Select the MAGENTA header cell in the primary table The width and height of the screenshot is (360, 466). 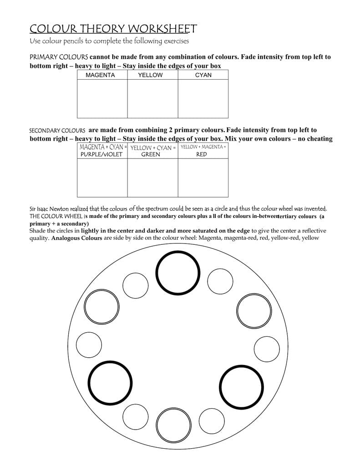pyautogui.click(x=100, y=75)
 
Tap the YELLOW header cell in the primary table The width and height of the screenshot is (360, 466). pyautogui.click(x=150, y=75)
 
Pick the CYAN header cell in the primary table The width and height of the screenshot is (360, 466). pyautogui.click(x=203, y=75)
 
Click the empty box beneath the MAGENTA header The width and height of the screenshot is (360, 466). pyautogui.click(x=102, y=99)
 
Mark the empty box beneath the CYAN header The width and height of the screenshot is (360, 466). pyautogui.click(x=203, y=99)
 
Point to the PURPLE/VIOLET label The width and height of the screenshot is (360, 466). pyautogui.click(x=101, y=154)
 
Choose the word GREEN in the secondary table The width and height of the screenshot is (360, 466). pyautogui.click(x=151, y=154)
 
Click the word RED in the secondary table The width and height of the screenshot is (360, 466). pyautogui.click(x=202, y=154)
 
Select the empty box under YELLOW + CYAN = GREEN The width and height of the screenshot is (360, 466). pyautogui.click(x=152, y=177)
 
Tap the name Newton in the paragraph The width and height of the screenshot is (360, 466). pyautogui.click(x=58, y=209)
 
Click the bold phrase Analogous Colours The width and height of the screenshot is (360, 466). pyautogui.click(x=76, y=238)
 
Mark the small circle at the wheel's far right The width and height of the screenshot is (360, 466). pyautogui.click(x=267, y=349)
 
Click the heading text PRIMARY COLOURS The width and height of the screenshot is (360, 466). pyautogui.click(x=59, y=57)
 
